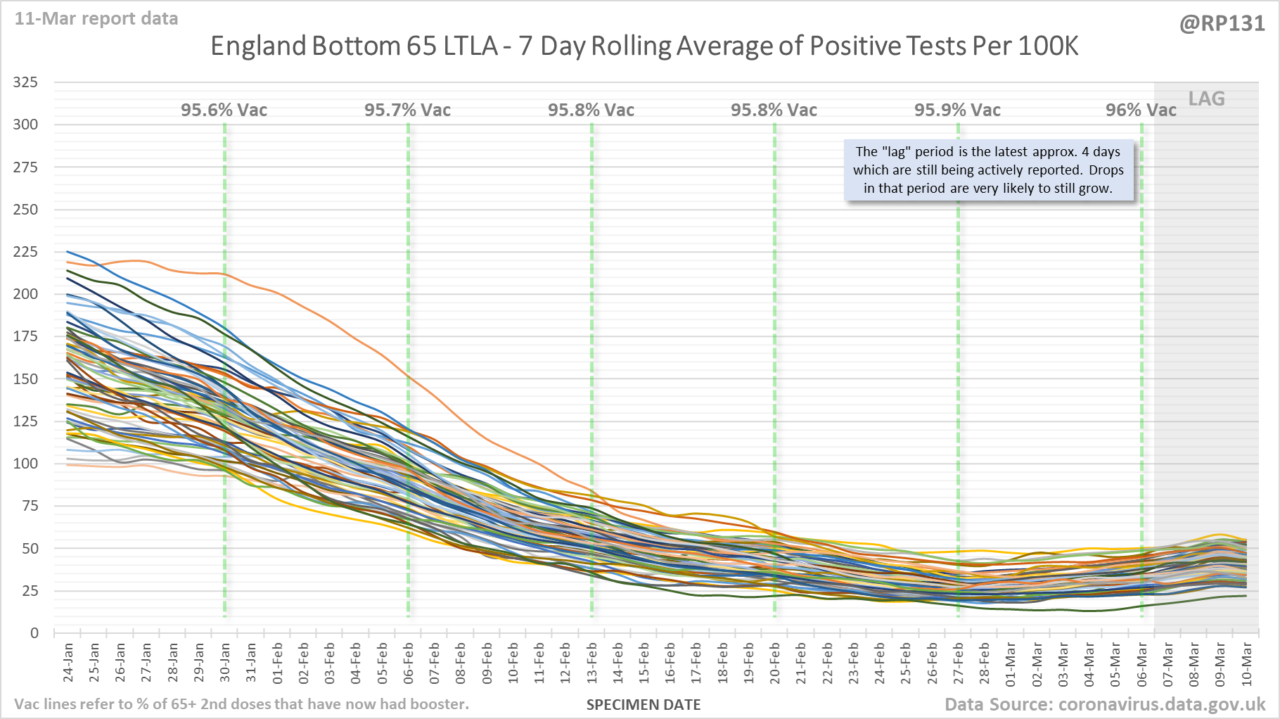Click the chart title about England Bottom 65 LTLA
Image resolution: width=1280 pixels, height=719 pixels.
tap(644, 46)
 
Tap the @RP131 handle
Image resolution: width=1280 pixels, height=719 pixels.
tap(1222, 24)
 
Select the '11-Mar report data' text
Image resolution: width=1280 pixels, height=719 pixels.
tap(96, 19)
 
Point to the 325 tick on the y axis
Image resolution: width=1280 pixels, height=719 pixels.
tap(25, 82)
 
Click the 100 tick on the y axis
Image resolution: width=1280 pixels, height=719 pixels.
tap(25, 464)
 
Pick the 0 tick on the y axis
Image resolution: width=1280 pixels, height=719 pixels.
tap(34, 633)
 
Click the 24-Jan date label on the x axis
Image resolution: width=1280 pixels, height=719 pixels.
tap(68, 662)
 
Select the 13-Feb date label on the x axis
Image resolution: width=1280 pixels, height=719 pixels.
tap(592, 662)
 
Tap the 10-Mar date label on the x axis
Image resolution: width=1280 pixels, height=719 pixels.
tap(1246, 663)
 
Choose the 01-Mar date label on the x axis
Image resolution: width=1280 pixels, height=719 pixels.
tap(1011, 663)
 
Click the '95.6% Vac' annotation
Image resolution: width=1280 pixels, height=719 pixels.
tap(224, 110)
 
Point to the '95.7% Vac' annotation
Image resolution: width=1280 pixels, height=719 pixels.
tap(407, 110)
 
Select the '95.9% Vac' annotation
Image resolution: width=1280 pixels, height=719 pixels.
tap(957, 110)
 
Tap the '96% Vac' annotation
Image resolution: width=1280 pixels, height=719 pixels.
tap(1140, 110)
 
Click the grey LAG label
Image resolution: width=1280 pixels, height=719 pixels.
tap(1206, 99)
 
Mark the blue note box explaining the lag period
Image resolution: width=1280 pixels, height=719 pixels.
tap(988, 170)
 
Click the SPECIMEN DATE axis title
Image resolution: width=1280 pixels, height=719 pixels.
tap(644, 705)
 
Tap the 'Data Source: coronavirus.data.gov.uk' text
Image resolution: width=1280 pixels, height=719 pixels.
tap(1104, 705)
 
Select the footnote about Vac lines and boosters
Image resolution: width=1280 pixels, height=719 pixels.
tap(241, 704)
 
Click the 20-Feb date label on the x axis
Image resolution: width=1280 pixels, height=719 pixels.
tap(775, 662)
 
